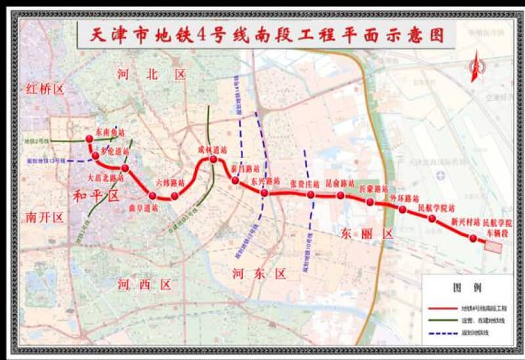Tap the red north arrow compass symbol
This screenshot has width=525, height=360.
point(478,67)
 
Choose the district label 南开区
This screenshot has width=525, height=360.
point(45,217)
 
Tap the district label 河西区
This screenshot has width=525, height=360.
point(144,284)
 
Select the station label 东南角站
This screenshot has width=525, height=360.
point(110,132)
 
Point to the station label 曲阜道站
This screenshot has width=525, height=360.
point(144,208)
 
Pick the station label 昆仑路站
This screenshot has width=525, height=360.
point(339,184)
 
